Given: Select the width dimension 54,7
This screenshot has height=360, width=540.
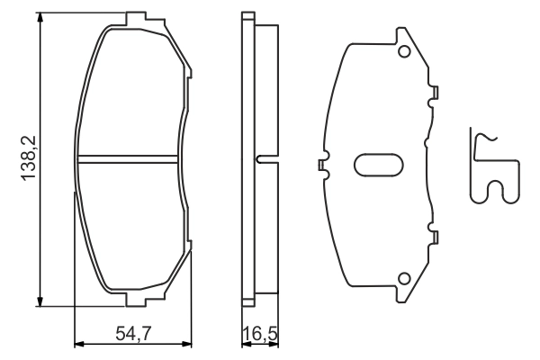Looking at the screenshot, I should click(131, 334).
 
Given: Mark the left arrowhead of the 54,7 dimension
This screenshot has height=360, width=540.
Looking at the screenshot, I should click(77, 343).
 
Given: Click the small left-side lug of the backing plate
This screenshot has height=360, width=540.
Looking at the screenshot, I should click(320, 165).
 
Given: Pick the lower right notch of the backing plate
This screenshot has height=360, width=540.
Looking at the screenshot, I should click(435, 238).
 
